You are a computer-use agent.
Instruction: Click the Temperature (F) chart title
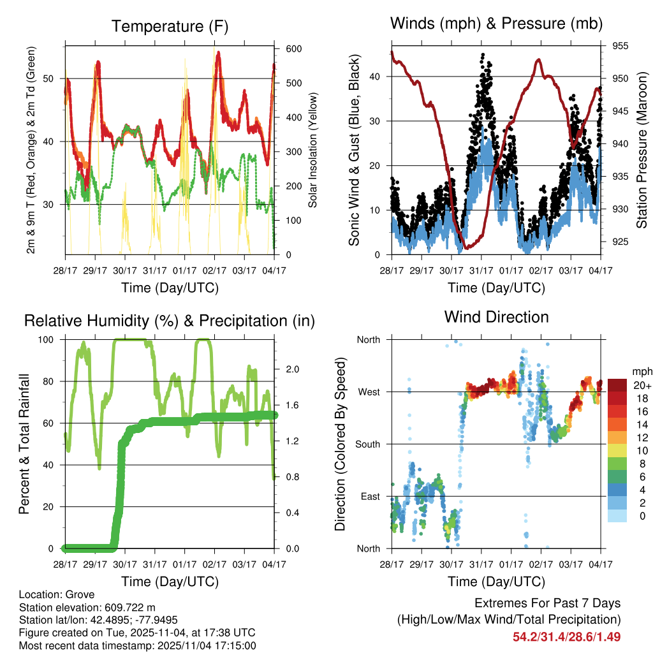click(x=170, y=26)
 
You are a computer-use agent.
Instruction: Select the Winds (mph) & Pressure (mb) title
click(x=496, y=24)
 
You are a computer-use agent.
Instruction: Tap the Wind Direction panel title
click(x=496, y=317)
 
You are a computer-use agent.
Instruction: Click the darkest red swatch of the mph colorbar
click(x=617, y=385)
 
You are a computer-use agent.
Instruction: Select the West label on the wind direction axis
click(x=368, y=392)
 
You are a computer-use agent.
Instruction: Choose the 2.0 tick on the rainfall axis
click(x=293, y=369)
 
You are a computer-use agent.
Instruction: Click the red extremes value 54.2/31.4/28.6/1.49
click(x=566, y=636)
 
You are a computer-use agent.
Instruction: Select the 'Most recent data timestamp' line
click(x=137, y=645)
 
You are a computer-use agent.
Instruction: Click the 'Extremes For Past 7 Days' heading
click(x=547, y=603)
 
